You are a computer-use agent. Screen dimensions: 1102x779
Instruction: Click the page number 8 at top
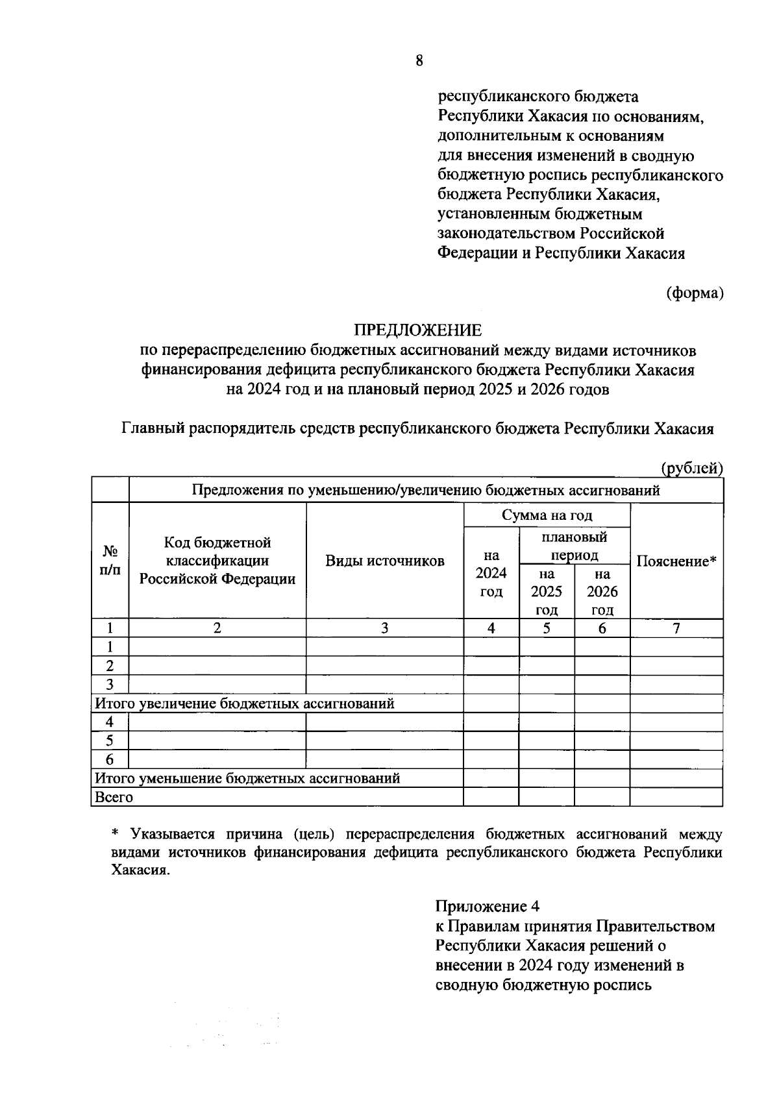click(x=419, y=61)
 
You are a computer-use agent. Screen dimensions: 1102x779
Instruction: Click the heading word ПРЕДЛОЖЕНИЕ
click(x=417, y=330)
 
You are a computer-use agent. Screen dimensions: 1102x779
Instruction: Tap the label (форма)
click(x=694, y=293)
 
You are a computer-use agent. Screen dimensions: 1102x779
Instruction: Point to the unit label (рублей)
click(x=691, y=467)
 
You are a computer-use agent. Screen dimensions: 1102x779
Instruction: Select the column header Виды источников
click(x=384, y=561)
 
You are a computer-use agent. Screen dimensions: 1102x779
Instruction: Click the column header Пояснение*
click(x=676, y=561)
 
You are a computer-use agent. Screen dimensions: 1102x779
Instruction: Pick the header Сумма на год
click(x=547, y=515)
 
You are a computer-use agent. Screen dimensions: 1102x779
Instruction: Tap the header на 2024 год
click(x=491, y=574)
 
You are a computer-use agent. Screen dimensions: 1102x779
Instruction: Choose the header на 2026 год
click(x=602, y=591)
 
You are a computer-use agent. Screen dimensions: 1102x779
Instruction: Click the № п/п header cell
click(x=110, y=561)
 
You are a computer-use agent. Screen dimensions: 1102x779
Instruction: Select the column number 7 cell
click(x=676, y=628)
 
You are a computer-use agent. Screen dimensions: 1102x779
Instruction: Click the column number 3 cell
click(x=384, y=628)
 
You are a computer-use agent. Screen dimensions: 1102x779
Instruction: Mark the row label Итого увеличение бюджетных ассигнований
click(x=245, y=704)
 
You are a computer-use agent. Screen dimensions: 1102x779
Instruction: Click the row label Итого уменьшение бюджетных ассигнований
click(x=247, y=778)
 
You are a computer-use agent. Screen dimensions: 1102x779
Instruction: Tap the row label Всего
click(x=114, y=797)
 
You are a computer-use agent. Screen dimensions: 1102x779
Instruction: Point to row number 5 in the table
click(x=110, y=741)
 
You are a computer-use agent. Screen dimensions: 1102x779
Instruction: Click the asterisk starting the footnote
click(x=116, y=834)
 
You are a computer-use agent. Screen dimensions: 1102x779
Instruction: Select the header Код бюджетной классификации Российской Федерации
click(x=217, y=561)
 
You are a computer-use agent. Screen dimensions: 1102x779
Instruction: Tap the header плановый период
click(x=574, y=546)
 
